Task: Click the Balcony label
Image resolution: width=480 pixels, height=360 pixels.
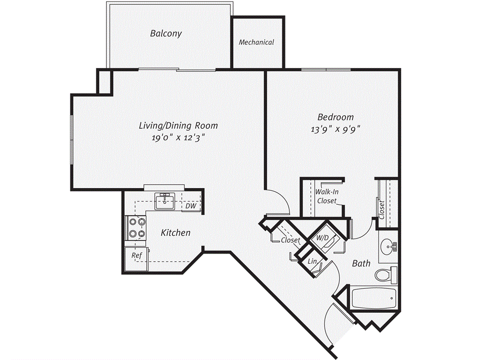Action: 166,33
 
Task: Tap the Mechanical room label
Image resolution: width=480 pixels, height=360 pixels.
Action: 256,42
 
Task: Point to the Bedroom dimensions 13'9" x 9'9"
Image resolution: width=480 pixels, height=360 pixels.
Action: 335,129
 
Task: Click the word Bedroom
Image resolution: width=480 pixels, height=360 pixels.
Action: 336,117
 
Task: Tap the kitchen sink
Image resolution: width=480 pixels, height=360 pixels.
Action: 165,201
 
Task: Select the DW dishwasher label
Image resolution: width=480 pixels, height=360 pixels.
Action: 191,206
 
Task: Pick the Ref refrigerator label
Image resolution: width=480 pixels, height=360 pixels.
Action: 136,255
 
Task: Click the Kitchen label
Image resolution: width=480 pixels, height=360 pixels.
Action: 176,232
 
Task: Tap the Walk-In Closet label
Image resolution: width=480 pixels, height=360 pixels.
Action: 327,196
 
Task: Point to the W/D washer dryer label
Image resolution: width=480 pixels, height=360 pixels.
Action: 322,238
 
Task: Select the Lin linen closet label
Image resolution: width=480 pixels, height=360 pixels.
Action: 312,261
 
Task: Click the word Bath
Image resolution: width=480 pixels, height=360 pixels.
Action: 361,263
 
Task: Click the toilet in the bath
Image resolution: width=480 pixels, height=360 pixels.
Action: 386,275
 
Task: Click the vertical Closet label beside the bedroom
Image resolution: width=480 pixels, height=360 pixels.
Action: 382,210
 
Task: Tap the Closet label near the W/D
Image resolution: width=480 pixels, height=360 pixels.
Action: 291,240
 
